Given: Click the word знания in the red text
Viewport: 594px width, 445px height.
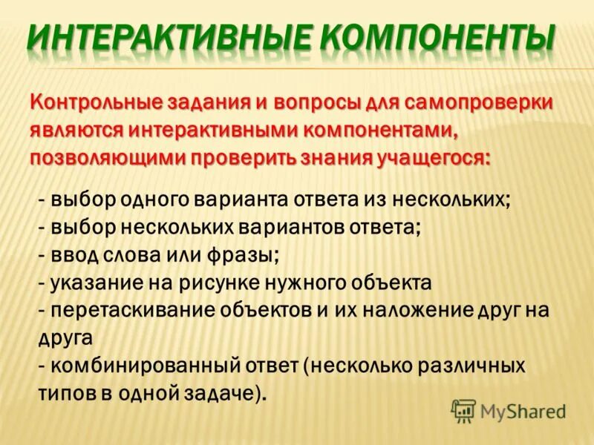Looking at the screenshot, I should click(328, 159).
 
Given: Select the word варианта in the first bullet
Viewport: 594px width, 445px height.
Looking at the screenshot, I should click(238, 200).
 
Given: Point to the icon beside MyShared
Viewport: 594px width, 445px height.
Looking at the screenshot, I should click(463, 409).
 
